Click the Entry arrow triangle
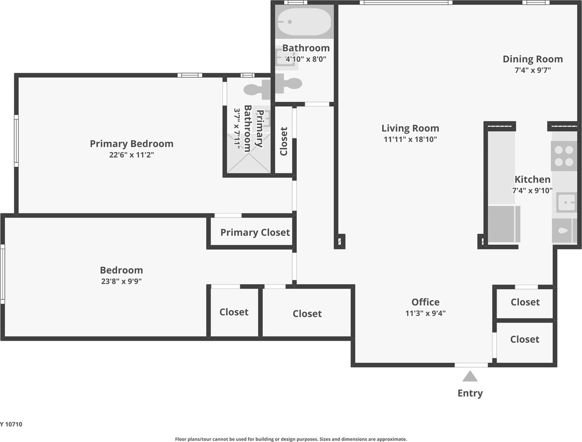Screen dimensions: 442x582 click(470, 377)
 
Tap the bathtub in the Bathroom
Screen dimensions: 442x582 click(304, 22)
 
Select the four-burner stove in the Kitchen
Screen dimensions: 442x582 click(564, 156)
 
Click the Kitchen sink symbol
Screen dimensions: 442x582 click(566, 202)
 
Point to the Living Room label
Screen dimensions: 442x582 click(410, 128)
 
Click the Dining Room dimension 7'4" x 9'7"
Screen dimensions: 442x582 click(533, 70)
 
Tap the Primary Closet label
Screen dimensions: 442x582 click(255, 232)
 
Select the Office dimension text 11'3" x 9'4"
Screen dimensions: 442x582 click(425, 313)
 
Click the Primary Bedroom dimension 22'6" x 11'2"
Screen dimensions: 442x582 click(131, 155)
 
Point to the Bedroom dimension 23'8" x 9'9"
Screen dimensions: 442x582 click(121, 281)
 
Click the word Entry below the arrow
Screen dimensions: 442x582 click(470, 393)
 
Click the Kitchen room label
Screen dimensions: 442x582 click(532, 179)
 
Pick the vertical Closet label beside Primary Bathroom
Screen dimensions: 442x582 click(284, 141)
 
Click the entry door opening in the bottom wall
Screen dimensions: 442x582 click(471, 365)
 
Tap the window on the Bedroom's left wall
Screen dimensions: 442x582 click(3, 274)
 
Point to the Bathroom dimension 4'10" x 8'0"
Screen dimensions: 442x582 click(306, 59)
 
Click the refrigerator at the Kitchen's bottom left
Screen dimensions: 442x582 click(504, 224)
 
